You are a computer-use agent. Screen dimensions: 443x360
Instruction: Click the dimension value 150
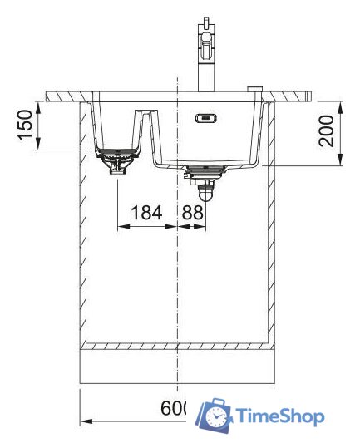pyautogui.click(x=26, y=125)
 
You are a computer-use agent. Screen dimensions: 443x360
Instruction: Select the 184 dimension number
pyautogui.click(x=147, y=214)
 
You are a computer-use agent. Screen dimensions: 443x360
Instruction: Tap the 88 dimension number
pyautogui.click(x=192, y=214)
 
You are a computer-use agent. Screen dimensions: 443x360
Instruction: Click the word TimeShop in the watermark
pyautogui.click(x=279, y=416)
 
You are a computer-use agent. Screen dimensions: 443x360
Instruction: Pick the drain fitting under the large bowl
pyautogui.click(x=203, y=179)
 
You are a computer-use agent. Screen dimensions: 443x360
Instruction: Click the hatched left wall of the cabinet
pyautogui.click(x=83, y=224)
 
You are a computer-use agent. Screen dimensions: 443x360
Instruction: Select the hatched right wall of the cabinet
pyautogui.click(x=269, y=224)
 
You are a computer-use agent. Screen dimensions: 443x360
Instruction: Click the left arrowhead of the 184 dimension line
pyautogui.click(x=122, y=226)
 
